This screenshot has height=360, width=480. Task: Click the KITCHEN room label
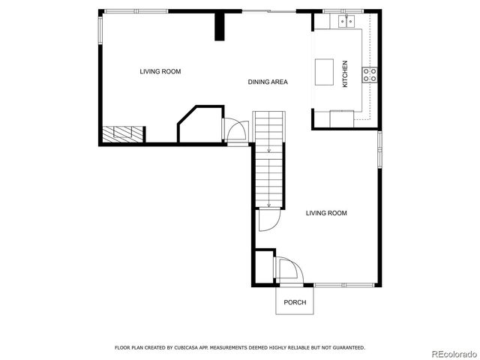(345, 74)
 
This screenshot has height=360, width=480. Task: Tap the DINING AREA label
(268, 82)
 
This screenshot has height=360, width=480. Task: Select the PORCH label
(294, 301)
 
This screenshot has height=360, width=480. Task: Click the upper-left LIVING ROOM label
(160, 71)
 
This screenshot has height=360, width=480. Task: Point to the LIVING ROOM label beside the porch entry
(326, 213)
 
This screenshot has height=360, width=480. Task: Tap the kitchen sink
(346, 22)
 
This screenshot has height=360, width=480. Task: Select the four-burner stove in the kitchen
(370, 73)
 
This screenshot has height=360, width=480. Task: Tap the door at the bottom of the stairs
(268, 219)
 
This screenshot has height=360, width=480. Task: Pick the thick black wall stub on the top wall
(220, 26)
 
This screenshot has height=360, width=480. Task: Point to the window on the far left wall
(100, 30)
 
